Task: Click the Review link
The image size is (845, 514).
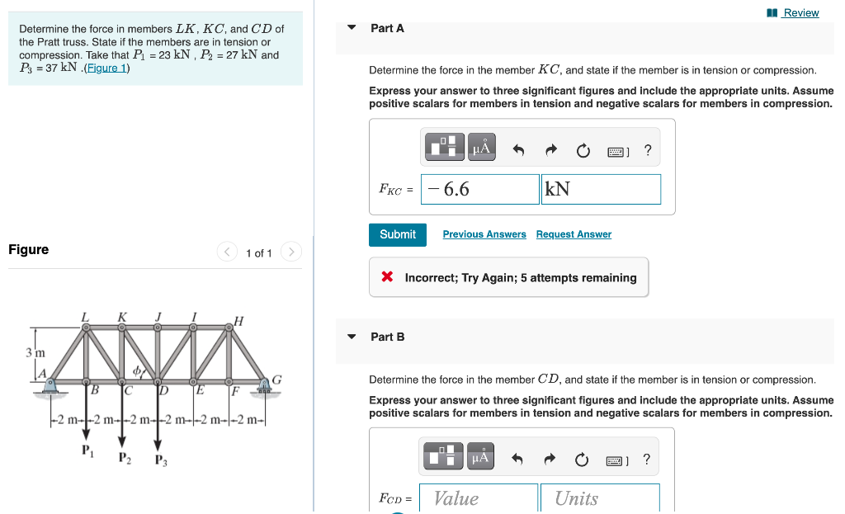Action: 800,12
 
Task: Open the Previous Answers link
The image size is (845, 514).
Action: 484,234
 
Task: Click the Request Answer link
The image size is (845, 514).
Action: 574,234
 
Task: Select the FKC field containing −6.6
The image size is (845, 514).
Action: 479,189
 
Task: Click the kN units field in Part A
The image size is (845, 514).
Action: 601,189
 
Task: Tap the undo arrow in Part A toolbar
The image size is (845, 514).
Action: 518,150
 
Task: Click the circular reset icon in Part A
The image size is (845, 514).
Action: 583,150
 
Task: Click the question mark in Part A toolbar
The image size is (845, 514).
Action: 648,150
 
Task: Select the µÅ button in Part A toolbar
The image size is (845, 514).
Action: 482,148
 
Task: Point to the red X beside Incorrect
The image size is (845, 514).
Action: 387,277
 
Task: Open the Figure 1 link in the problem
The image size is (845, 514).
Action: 106,68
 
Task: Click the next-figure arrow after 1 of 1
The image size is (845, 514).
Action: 290,252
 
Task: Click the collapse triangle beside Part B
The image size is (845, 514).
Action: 352,337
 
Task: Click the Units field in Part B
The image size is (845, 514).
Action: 600,498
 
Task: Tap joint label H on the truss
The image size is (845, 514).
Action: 238,320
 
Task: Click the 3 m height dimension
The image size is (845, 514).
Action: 34,352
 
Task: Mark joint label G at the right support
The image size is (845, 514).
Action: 276,380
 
